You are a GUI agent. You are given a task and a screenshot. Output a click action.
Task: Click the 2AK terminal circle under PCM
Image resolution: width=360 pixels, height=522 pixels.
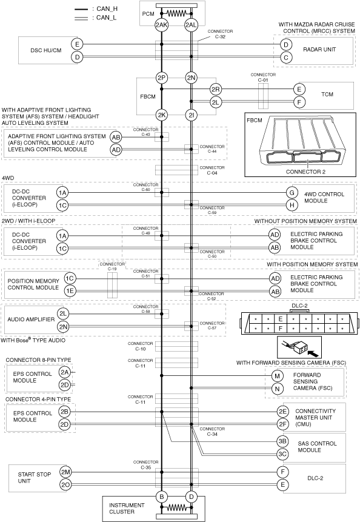tap(161, 25)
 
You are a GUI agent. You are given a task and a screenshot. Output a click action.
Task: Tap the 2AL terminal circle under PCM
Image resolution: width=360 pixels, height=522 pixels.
tap(191, 25)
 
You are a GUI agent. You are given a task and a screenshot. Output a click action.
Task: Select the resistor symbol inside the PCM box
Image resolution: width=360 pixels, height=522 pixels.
tap(176, 13)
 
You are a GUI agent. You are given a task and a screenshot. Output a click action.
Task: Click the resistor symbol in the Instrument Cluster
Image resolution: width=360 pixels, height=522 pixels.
tap(176, 507)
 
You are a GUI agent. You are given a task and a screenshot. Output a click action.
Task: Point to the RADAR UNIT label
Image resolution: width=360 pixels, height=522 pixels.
tap(319, 50)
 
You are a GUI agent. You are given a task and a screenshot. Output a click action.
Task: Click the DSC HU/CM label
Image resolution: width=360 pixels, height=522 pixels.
tap(46, 50)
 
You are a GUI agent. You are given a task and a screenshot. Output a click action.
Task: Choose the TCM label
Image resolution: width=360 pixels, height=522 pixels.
tap(327, 94)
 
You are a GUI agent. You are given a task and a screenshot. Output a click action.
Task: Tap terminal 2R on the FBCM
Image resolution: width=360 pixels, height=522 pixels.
tap(216, 89)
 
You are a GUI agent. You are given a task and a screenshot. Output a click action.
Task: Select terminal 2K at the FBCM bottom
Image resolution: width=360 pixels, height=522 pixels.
tap(161, 115)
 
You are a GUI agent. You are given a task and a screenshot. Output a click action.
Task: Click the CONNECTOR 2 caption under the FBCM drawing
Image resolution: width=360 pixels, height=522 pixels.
tap(305, 172)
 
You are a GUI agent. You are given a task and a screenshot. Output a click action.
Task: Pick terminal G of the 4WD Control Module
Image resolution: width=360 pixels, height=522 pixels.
tap(292, 192)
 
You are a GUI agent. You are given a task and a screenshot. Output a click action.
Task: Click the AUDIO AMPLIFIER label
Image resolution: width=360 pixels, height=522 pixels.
tap(31, 320)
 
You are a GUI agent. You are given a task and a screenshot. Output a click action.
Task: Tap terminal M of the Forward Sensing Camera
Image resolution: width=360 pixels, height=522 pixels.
tap(277, 376)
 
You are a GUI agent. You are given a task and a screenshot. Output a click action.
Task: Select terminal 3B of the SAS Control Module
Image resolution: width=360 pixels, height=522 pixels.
tap(282, 441)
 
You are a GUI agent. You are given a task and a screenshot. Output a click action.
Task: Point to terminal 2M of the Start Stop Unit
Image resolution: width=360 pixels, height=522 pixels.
tap(65, 472)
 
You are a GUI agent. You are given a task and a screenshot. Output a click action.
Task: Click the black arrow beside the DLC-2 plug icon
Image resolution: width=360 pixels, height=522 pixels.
tap(313, 351)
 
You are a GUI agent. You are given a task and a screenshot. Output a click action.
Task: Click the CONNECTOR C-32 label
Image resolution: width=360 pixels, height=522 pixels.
tap(220, 34)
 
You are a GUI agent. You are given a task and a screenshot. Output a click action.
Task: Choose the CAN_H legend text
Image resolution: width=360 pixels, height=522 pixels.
tap(107, 9)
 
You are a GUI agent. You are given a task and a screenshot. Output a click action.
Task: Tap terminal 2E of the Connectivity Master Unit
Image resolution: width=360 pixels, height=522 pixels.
tap(282, 412)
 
